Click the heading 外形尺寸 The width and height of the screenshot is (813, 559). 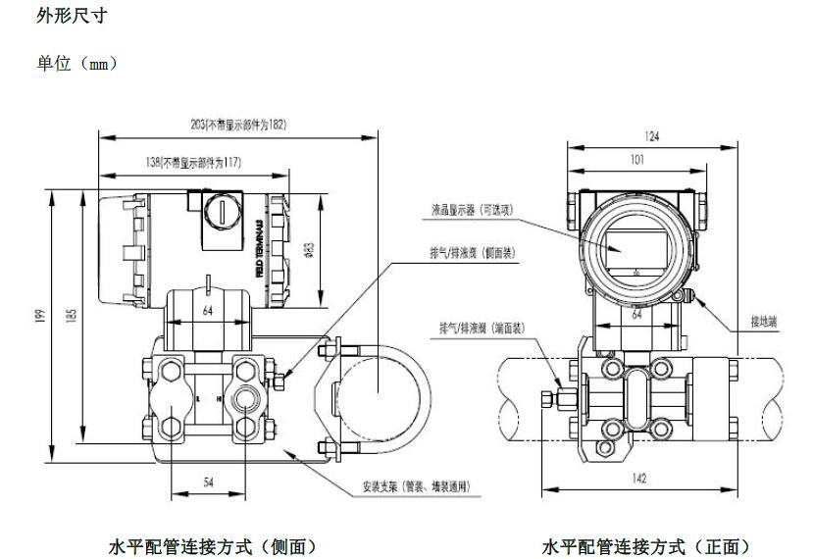(71, 17)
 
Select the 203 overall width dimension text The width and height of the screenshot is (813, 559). (238, 125)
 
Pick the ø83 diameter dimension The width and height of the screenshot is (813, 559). (309, 249)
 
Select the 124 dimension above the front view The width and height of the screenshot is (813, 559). (637, 136)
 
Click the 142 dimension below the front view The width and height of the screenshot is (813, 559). (639, 479)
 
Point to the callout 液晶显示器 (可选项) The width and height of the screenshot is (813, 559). (472, 209)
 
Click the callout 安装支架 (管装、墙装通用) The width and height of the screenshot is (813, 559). (417, 485)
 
